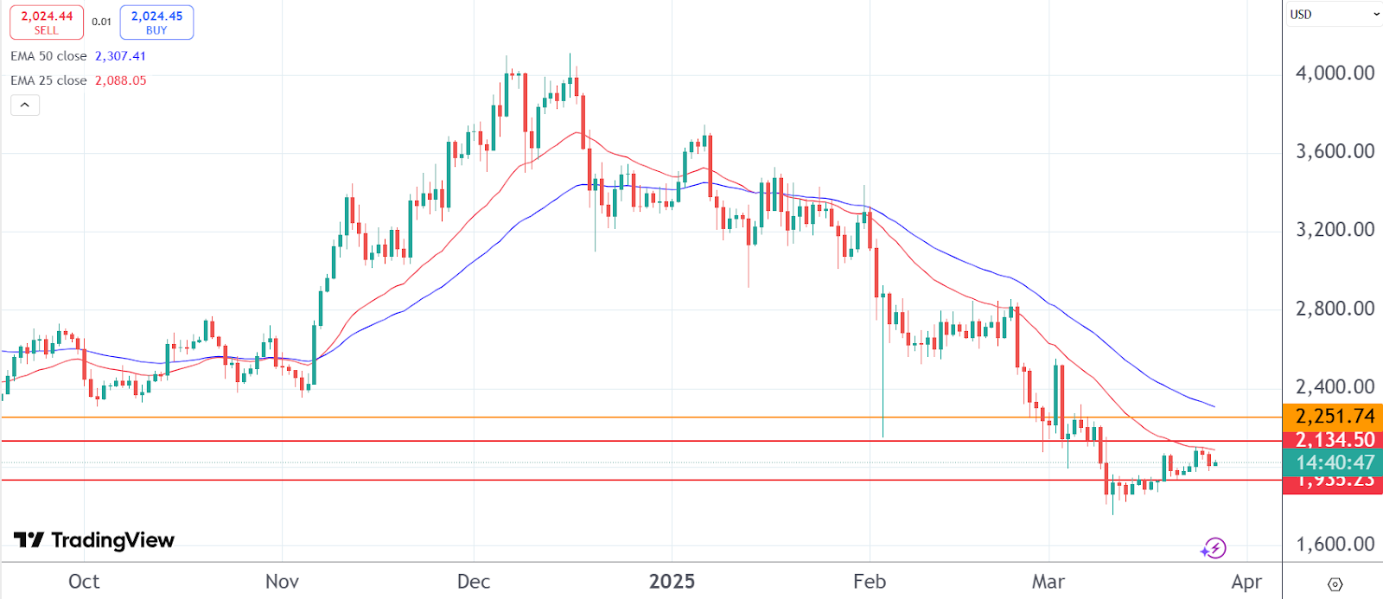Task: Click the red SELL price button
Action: click(x=47, y=22)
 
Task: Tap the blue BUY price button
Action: click(x=156, y=22)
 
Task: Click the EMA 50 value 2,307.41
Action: click(x=120, y=56)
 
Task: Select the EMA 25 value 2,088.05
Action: click(x=120, y=80)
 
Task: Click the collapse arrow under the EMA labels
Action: click(x=25, y=105)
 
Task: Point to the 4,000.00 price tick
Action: click(x=1334, y=73)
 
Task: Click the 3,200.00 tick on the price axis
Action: click(x=1334, y=230)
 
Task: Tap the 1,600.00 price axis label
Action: click(x=1334, y=545)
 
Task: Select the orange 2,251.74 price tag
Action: click(x=1334, y=416)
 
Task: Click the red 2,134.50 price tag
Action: click(x=1334, y=439)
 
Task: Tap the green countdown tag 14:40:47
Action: click(x=1334, y=462)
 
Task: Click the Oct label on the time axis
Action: click(x=84, y=582)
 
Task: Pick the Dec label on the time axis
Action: click(x=474, y=582)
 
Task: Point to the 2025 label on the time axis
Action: click(x=672, y=582)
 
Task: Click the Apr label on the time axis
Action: click(x=1246, y=582)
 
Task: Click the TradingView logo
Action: click(x=94, y=541)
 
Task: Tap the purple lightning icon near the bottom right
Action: click(x=1214, y=548)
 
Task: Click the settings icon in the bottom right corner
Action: click(x=1335, y=584)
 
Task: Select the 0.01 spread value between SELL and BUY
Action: click(x=102, y=22)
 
